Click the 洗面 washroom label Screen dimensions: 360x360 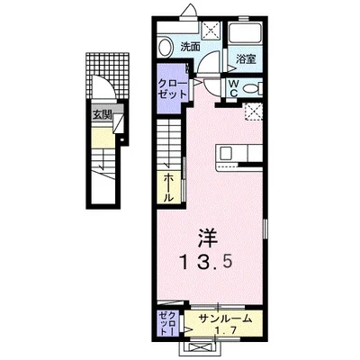pos(189,46)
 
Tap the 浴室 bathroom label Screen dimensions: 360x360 pos(247,59)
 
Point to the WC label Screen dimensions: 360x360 pos(232,88)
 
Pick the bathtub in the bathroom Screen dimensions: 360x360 pos(244,37)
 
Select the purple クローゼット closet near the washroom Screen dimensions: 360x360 pos(170,92)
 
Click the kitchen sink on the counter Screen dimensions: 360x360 pos(227,154)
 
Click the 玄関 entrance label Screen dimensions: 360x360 pos(100,114)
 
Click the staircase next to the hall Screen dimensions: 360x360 pos(169,144)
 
